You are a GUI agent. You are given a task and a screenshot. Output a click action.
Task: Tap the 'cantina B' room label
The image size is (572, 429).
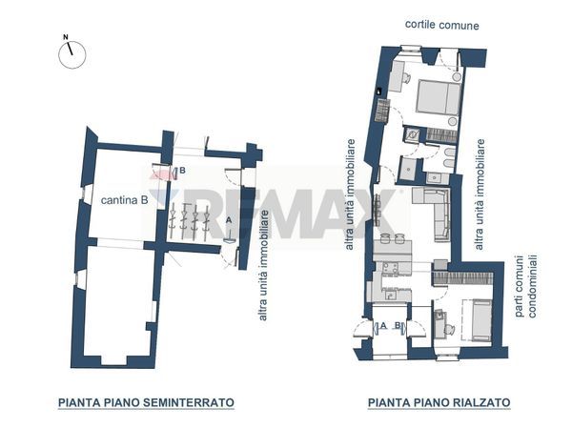(x=124, y=200)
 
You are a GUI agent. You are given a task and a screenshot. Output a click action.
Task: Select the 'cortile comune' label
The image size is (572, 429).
(x=441, y=25)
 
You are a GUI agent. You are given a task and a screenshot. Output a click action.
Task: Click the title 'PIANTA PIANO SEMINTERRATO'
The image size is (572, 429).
(x=146, y=402)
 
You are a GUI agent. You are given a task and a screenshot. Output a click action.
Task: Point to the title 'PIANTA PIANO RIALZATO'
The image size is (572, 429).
(x=439, y=402)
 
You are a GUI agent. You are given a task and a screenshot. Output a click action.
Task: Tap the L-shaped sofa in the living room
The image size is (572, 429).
(x=435, y=210)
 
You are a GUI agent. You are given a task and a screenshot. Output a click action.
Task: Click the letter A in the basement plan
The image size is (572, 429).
(x=229, y=219)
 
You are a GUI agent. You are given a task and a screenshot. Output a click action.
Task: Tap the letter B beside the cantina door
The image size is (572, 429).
(x=181, y=171)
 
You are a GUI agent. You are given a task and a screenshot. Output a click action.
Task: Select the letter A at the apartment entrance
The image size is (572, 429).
(x=382, y=326)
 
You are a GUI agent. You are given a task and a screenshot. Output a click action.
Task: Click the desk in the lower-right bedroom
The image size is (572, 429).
(x=439, y=323)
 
